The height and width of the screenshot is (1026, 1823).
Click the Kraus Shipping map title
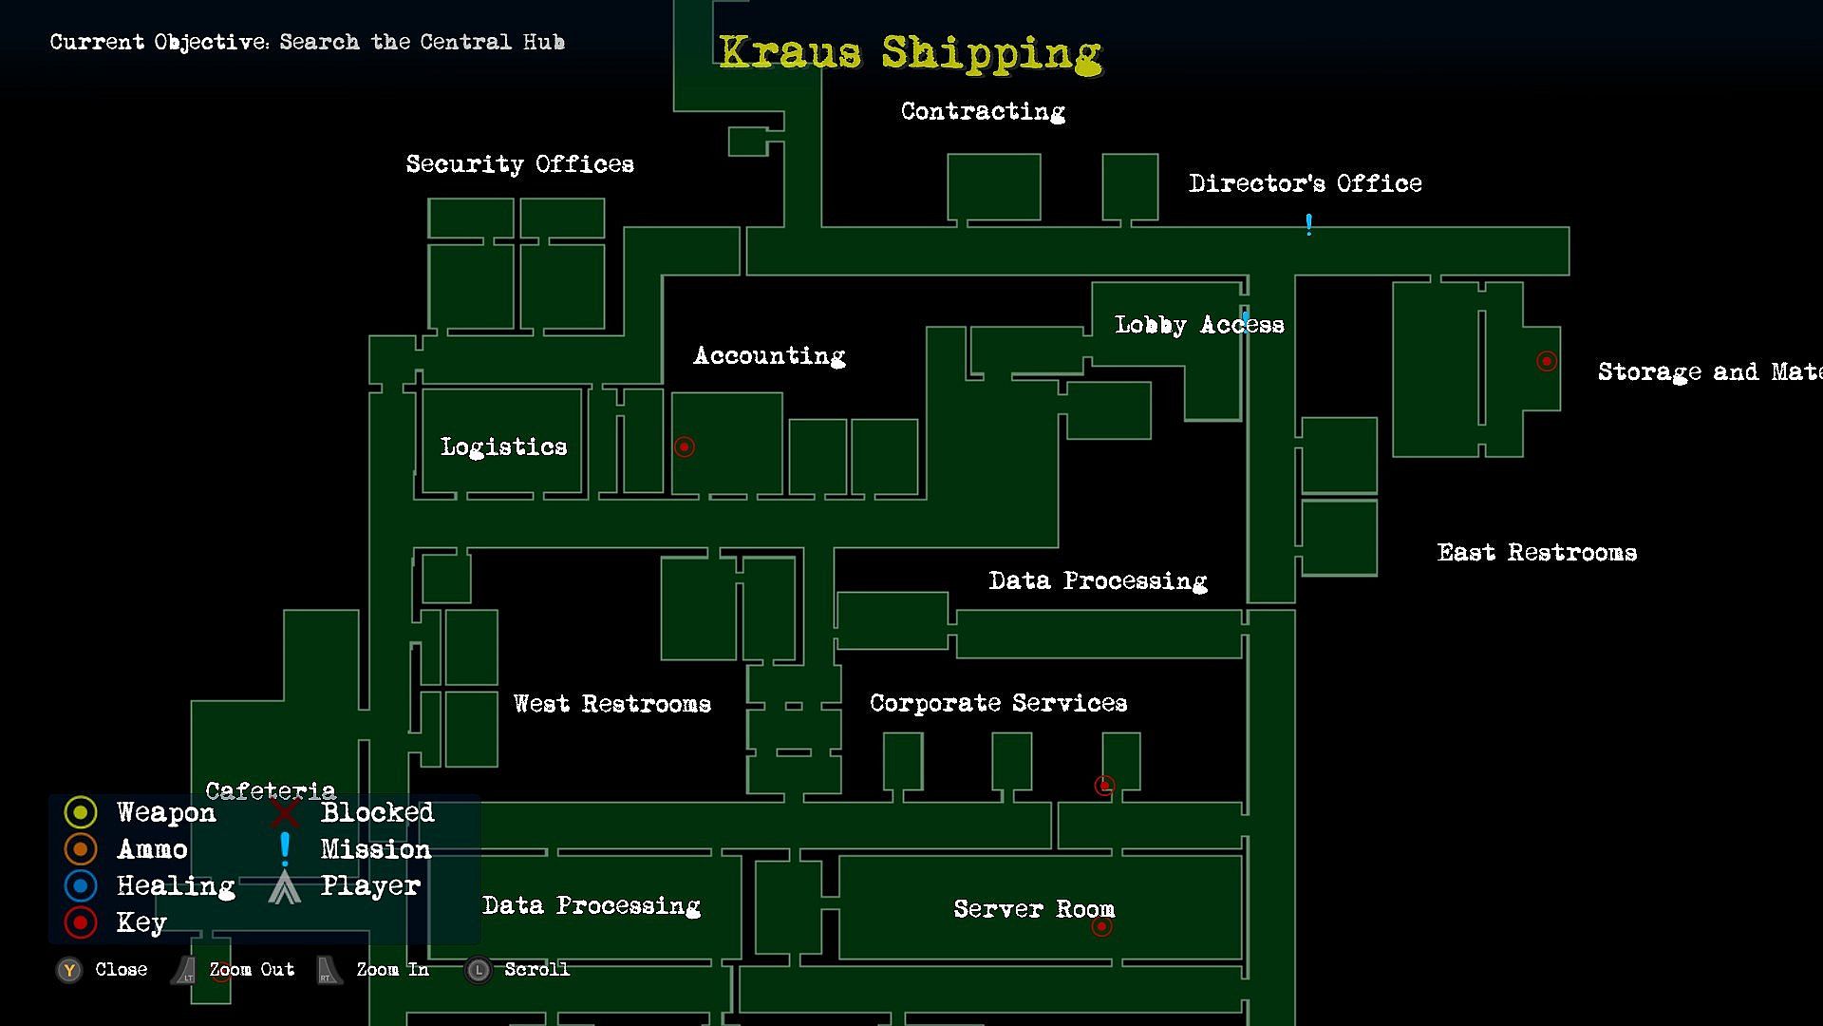910,52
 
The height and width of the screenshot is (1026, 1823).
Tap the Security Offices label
519,164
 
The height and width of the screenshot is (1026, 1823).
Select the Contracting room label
983,111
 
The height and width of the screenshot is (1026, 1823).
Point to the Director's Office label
1305,183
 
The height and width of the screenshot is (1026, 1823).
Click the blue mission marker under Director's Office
1308,224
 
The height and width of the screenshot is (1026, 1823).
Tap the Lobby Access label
1198,325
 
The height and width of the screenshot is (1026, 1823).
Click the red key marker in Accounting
684,446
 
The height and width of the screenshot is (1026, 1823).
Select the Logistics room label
503,446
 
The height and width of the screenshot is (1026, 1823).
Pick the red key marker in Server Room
1101,926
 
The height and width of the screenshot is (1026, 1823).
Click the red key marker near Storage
1547,361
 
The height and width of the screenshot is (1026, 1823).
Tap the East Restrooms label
1536,553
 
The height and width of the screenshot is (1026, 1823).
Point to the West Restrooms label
611,704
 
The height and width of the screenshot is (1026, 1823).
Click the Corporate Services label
998,703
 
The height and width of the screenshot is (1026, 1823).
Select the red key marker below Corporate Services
1103,786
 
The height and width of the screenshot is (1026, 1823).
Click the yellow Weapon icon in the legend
81,812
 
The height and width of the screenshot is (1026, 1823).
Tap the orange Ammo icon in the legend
81,848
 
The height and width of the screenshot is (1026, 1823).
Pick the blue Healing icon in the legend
81,885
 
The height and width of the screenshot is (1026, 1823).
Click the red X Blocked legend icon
284,812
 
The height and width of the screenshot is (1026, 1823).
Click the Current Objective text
307,42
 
